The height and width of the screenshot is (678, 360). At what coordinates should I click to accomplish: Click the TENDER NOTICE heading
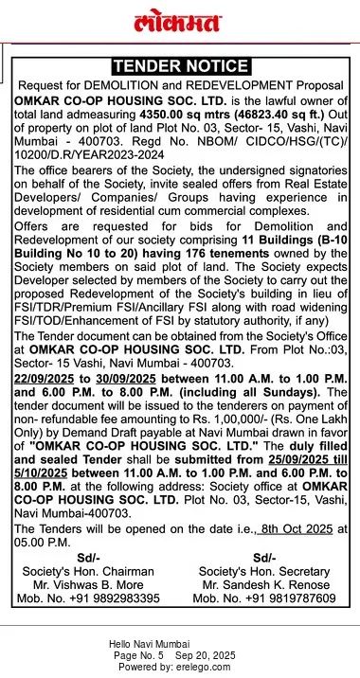point(180,66)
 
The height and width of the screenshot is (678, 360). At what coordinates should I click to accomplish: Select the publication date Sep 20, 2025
point(207,655)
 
